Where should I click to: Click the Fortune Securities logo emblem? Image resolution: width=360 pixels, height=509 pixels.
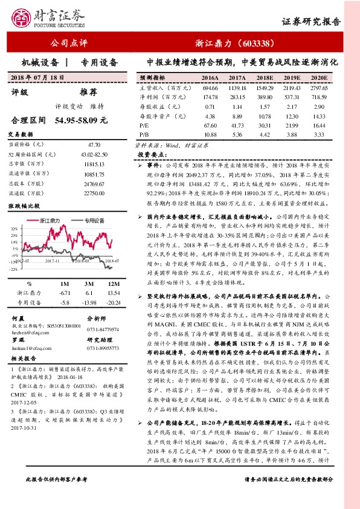coord(21,17)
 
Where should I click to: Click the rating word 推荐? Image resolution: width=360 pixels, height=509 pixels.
coord(88,92)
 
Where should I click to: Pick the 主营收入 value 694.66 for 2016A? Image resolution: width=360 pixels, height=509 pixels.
coord(210,88)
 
